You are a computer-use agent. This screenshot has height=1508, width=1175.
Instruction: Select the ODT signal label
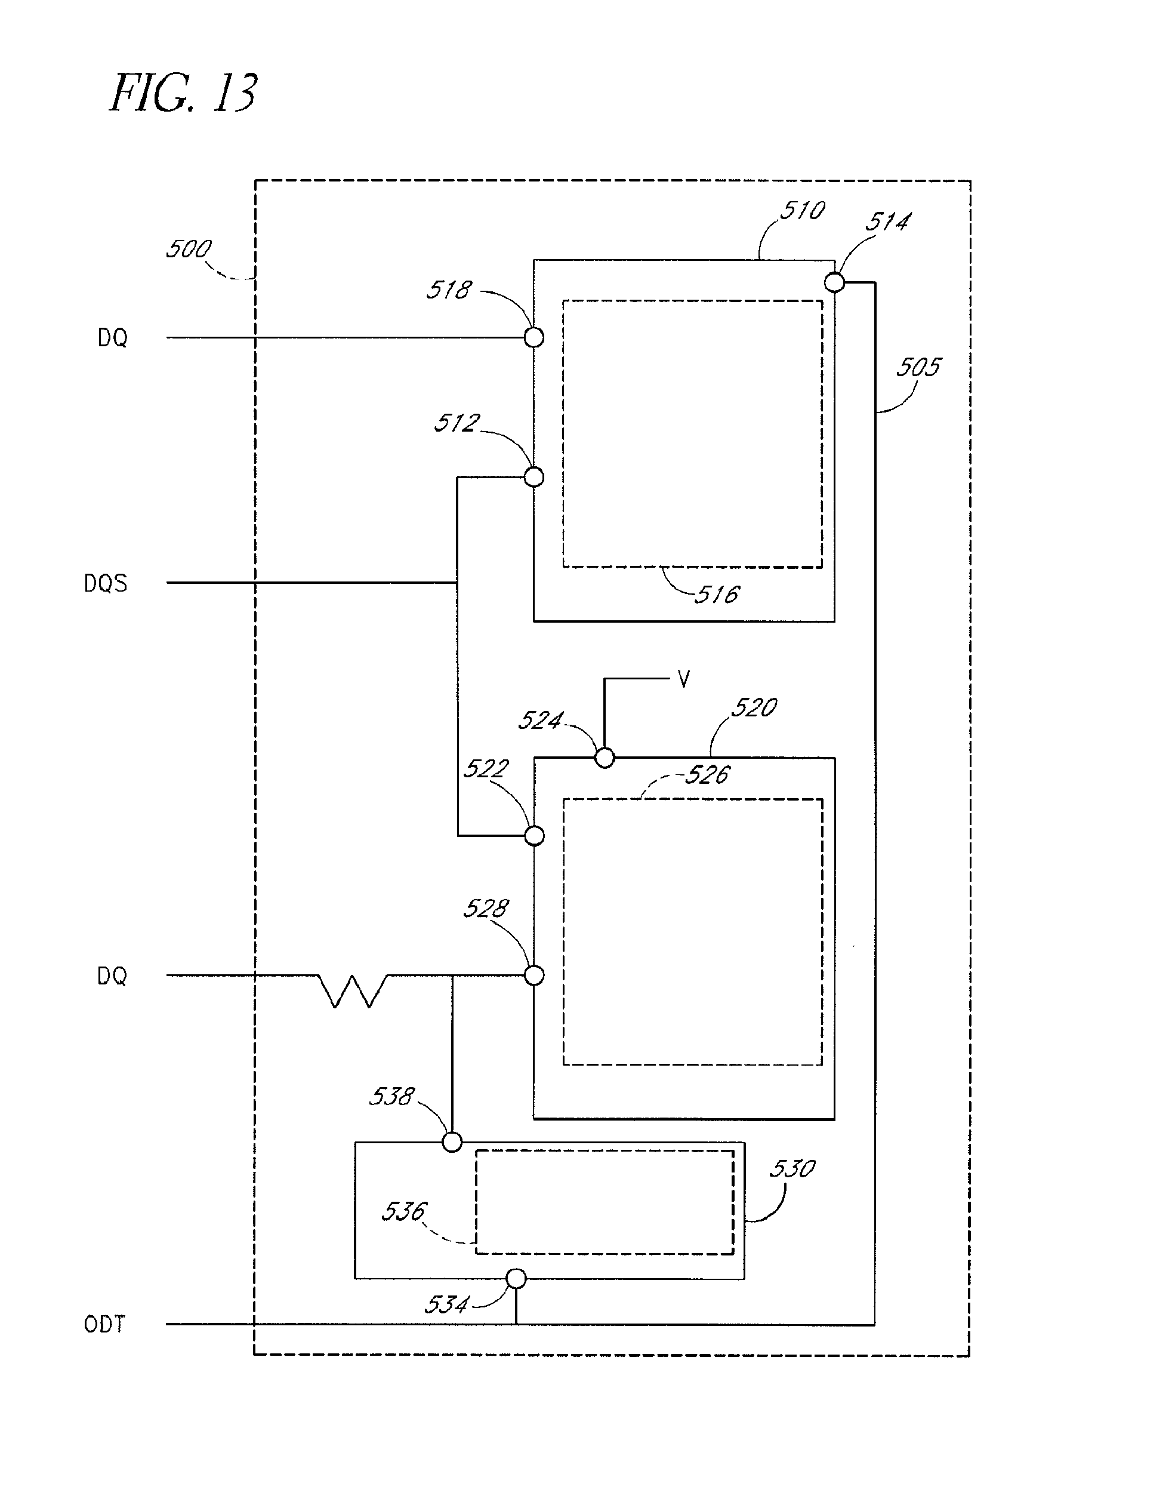[105, 1324]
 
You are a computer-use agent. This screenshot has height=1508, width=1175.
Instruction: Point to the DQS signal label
[106, 583]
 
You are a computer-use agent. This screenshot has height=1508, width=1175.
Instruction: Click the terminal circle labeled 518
[534, 338]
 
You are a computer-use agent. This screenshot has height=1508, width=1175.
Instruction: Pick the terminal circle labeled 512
[534, 477]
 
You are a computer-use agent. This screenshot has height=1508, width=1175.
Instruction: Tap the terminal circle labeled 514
[835, 282]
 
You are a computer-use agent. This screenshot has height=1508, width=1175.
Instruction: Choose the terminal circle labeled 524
[605, 758]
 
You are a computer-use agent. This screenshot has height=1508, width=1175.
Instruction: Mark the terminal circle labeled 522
[534, 836]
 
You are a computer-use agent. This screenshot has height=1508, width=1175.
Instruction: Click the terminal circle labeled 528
[534, 975]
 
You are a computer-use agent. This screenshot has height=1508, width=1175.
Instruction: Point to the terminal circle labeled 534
[516, 1279]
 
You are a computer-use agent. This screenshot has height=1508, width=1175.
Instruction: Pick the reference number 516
[717, 595]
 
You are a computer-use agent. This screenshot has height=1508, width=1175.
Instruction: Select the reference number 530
[792, 1168]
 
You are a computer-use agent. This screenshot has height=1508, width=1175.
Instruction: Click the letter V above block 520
[683, 680]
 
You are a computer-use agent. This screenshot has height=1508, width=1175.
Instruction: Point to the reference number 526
[707, 775]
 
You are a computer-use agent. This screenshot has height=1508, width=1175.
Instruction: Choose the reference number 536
[405, 1211]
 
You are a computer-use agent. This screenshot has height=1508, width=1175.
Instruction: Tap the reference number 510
[802, 211]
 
